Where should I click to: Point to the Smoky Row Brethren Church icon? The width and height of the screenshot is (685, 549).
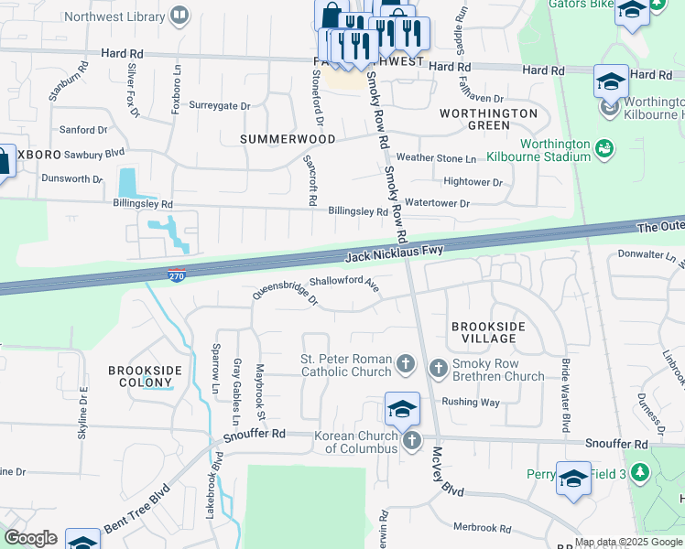(438, 368)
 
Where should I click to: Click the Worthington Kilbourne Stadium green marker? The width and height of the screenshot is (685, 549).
(603, 147)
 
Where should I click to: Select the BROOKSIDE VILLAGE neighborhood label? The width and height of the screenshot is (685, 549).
(483, 332)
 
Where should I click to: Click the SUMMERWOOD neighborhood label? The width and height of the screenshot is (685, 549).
(277, 138)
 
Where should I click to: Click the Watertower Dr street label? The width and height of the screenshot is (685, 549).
(437, 203)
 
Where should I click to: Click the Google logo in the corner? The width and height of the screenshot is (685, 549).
(30, 538)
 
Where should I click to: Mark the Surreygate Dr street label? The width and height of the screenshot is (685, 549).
(219, 106)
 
